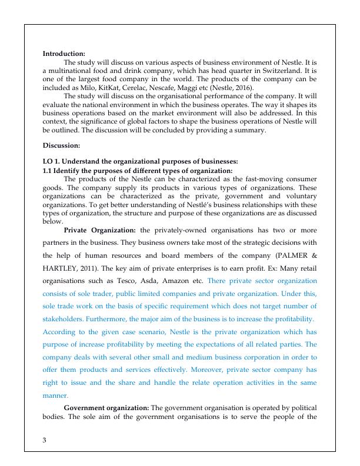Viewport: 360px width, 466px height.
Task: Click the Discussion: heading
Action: [x=62, y=145]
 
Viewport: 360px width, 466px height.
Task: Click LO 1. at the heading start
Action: [x=51, y=161]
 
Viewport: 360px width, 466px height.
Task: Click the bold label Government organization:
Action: [x=106, y=408]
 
